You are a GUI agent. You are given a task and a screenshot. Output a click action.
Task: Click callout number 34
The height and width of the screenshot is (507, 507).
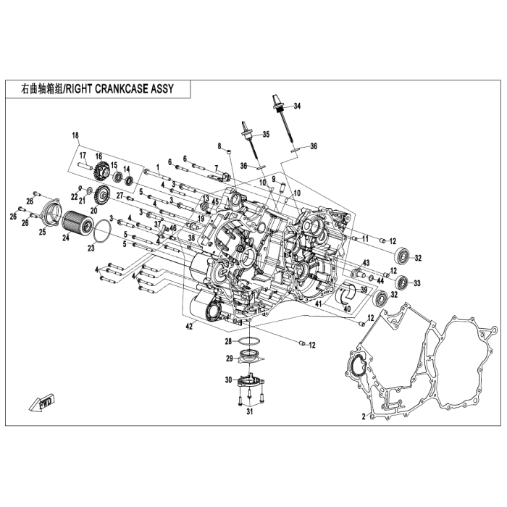coord(296,106)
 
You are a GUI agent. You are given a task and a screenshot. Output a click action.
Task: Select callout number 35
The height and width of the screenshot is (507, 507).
coord(265,135)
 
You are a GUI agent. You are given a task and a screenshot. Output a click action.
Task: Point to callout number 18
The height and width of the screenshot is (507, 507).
coord(75,135)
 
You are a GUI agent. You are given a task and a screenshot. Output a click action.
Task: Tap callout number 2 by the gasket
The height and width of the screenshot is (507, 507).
coord(363,416)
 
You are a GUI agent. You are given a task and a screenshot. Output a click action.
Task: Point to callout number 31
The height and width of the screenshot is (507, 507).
coord(248,412)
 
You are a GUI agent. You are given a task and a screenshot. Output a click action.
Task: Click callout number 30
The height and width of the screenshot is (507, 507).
coord(227,380)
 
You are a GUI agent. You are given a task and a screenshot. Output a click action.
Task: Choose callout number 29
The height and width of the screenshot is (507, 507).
coord(227,358)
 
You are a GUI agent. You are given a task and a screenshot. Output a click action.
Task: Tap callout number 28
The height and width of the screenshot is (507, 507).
coord(227,340)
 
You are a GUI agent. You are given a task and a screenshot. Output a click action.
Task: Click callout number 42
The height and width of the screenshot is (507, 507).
coord(189,327)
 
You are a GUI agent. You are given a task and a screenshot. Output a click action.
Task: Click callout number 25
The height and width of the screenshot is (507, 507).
coord(42,232)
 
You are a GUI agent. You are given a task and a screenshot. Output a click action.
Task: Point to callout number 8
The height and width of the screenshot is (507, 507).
coord(219,146)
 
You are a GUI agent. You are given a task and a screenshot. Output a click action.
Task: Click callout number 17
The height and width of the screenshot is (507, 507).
coord(83,156)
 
